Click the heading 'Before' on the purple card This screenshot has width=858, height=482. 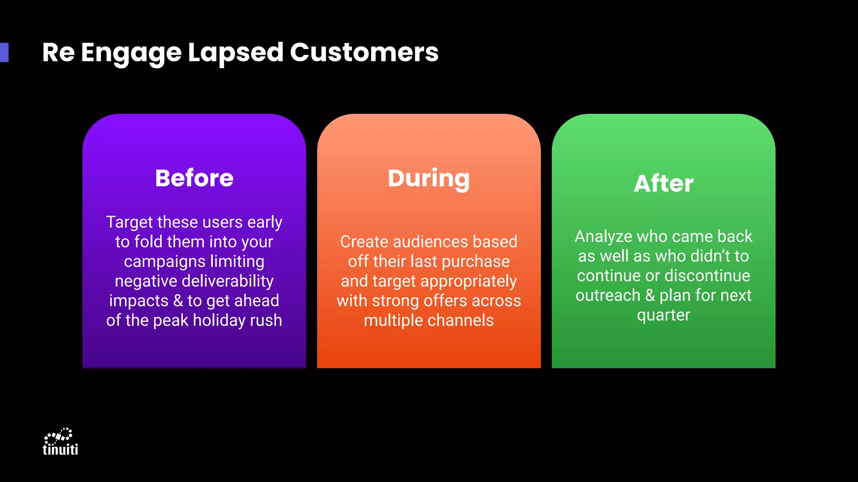[x=194, y=178]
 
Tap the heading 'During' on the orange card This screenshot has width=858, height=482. [x=429, y=179]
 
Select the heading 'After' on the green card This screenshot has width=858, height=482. [x=663, y=184]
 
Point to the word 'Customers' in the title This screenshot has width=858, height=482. [x=364, y=53]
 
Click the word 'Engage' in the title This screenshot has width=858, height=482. [x=131, y=54]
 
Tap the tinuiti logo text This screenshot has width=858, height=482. [x=60, y=449]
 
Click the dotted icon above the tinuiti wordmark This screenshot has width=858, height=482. [x=59, y=436]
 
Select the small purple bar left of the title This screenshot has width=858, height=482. [x=4, y=52]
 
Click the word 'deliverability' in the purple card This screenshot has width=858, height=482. [x=227, y=281]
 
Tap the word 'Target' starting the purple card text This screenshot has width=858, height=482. [x=129, y=223]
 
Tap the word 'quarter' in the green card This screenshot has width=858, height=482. [x=663, y=315]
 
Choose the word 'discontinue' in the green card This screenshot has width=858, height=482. [x=707, y=276]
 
